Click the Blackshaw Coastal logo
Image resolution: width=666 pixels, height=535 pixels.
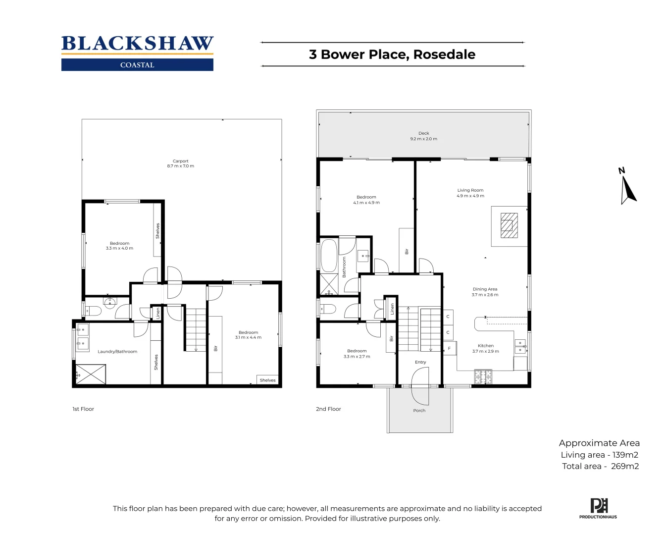[137, 53]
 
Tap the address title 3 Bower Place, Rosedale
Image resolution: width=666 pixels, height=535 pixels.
[392, 54]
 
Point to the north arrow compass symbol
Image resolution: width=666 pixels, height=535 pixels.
[627, 187]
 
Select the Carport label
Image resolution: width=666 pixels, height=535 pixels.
[180, 161]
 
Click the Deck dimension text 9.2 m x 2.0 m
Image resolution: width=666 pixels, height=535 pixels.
[423, 139]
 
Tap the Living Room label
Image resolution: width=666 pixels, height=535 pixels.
[470, 190]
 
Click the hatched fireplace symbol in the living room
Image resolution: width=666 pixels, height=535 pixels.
[509, 226]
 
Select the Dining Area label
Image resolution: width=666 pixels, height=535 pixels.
[485, 289]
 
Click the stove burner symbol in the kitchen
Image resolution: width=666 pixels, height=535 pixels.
[483, 377]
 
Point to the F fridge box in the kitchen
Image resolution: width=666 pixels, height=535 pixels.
[449, 348]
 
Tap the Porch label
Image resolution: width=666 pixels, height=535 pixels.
[419, 411]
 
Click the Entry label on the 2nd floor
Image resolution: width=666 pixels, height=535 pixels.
[420, 362]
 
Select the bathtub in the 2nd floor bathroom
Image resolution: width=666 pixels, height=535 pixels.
[328, 255]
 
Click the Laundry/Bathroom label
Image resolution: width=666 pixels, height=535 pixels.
[117, 352]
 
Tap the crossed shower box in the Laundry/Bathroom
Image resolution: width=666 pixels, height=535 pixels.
[91, 374]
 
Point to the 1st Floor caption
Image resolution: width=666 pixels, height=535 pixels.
[83, 409]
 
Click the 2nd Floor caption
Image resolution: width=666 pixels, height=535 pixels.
[328, 409]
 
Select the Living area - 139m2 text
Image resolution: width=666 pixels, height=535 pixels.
[599, 455]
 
